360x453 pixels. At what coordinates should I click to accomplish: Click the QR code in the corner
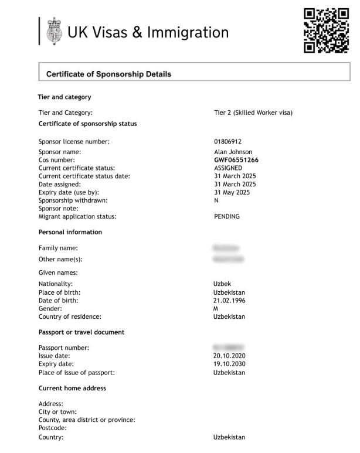tap(326, 30)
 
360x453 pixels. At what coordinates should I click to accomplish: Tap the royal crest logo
tap(53, 31)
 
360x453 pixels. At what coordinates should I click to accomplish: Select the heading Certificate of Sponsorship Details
tap(108, 74)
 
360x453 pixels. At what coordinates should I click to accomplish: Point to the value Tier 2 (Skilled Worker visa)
tap(253, 113)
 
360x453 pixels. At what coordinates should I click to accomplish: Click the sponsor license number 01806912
tap(228, 142)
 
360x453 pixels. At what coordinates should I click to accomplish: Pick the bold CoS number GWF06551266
tap(236, 160)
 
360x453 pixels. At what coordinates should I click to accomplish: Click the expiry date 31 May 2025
tap(232, 192)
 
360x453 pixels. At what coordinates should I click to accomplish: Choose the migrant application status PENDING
tap(227, 216)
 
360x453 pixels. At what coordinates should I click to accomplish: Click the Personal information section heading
tap(70, 232)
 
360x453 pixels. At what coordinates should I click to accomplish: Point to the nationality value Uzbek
tap(223, 284)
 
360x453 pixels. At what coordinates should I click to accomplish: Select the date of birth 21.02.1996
tap(229, 301)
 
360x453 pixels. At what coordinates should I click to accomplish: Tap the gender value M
tap(216, 308)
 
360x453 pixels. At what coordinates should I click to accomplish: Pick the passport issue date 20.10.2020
tap(229, 356)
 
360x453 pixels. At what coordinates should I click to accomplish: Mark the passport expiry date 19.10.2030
tap(229, 364)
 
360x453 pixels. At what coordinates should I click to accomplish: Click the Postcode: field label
tap(53, 428)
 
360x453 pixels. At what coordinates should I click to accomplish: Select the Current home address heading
tap(72, 388)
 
